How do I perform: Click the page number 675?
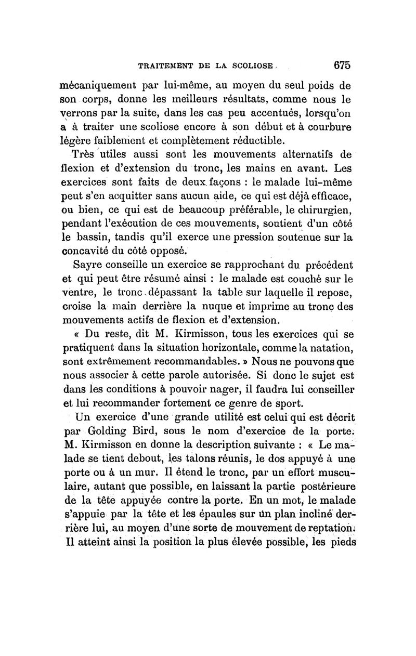342,65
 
